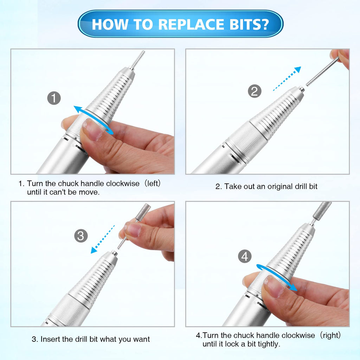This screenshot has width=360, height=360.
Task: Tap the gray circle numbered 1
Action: [x=54, y=98]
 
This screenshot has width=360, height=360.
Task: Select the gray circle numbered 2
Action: [x=255, y=91]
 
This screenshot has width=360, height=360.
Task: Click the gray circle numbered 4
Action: [x=245, y=256]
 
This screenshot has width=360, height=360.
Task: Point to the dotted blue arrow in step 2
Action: [x=287, y=79]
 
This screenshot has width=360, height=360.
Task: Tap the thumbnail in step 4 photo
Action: [x=274, y=287]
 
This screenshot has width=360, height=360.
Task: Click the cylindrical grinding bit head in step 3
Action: [x=143, y=212]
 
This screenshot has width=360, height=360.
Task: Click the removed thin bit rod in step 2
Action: [x=322, y=71]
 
